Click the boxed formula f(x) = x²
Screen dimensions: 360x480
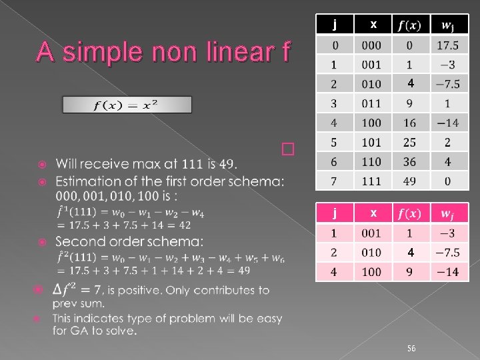click(x=127, y=105)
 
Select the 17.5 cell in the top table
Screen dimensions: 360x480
click(x=447, y=45)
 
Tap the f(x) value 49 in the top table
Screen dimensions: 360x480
click(x=409, y=181)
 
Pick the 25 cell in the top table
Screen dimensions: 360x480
click(x=409, y=142)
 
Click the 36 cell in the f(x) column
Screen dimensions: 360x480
click(x=409, y=161)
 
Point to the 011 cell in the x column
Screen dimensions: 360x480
click(x=371, y=103)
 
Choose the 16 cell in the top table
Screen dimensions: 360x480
click(x=409, y=123)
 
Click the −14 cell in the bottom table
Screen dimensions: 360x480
click(x=447, y=271)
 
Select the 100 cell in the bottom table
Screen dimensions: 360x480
click(x=371, y=271)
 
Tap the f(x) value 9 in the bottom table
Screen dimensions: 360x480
click(x=409, y=271)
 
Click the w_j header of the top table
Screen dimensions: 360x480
click(x=447, y=25)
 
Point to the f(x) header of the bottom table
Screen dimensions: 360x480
click(x=409, y=213)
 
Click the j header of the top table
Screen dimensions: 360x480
click(x=335, y=25)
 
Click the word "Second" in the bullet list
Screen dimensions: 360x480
click(x=81, y=241)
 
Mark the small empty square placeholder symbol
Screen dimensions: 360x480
click(x=287, y=149)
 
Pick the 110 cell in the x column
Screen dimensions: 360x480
click(x=371, y=161)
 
